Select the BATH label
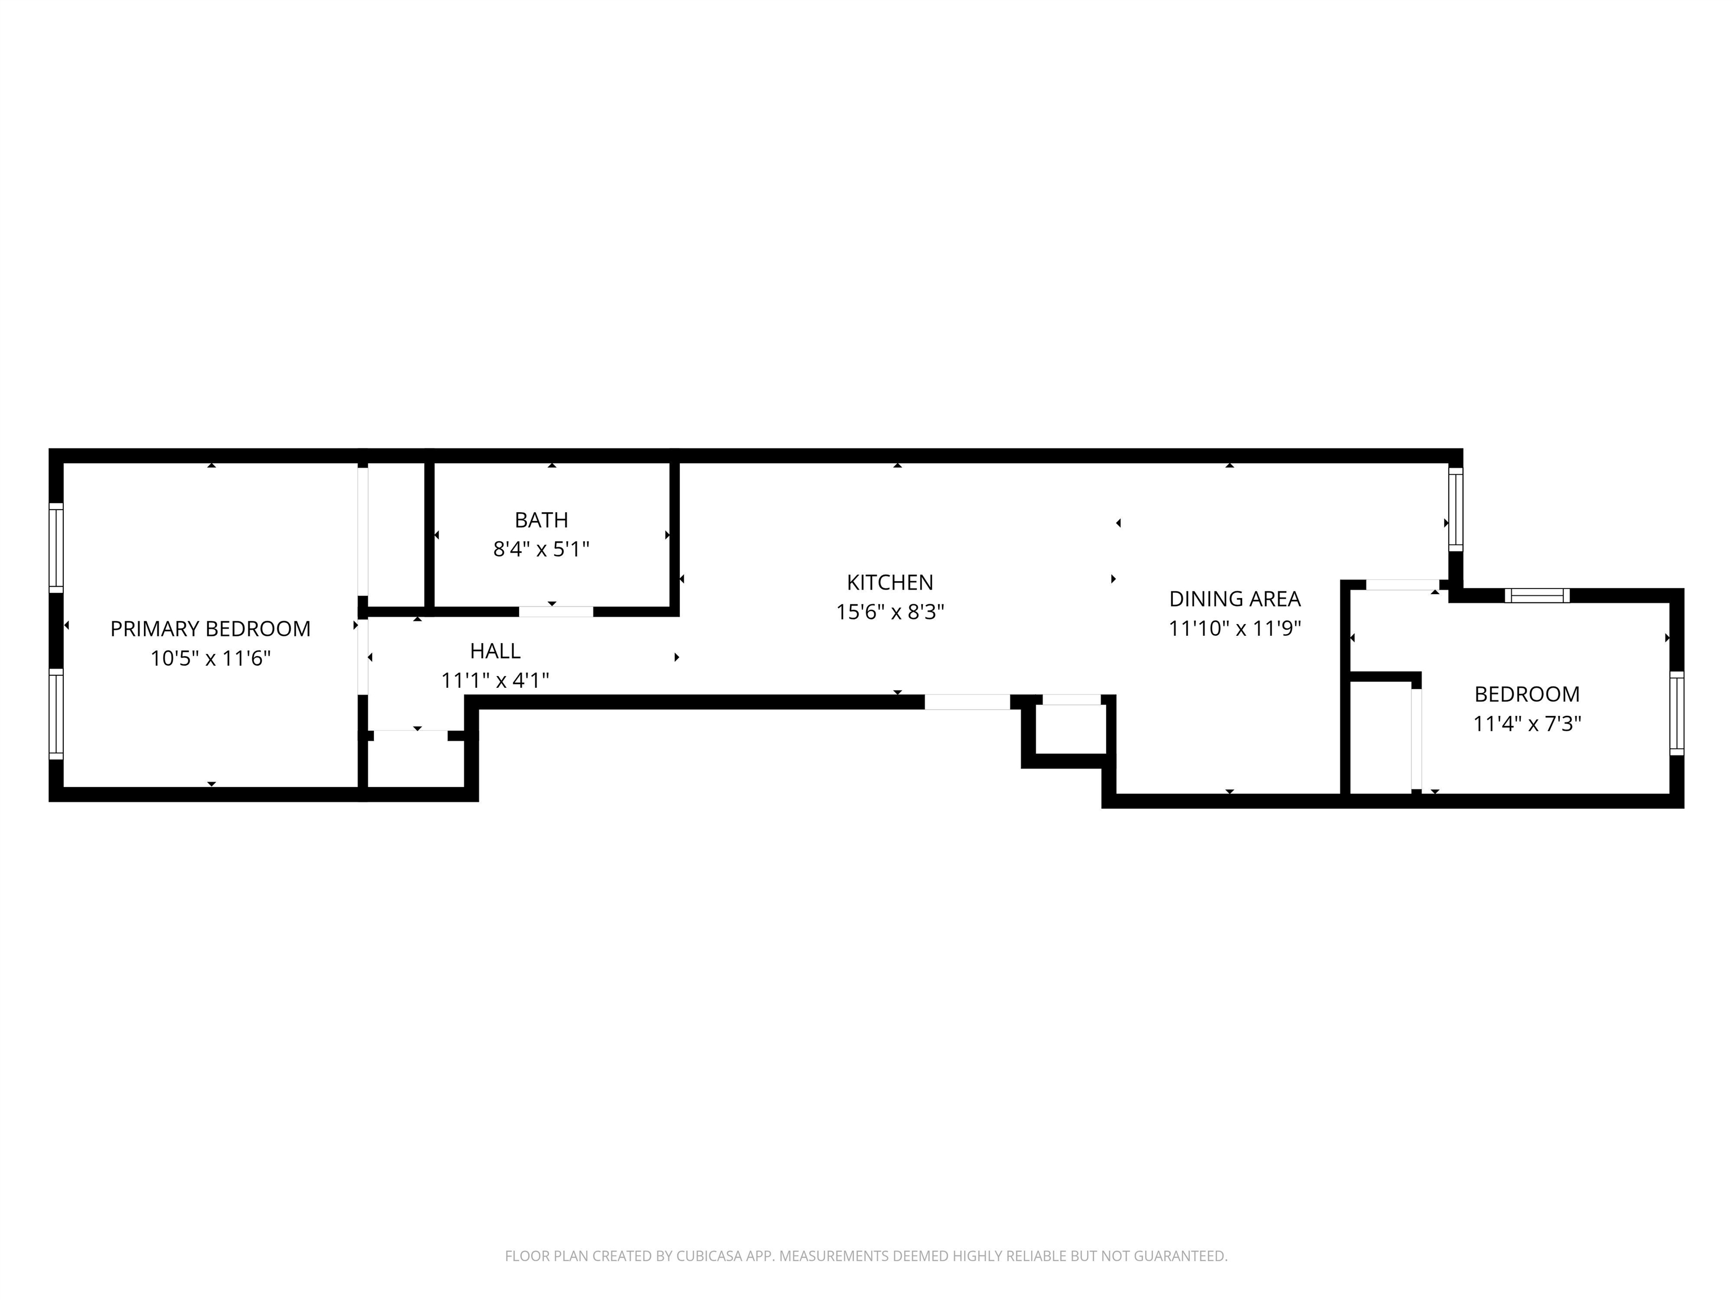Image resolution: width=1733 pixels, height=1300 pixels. (542, 520)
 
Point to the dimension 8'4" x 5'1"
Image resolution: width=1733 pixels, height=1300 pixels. (542, 550)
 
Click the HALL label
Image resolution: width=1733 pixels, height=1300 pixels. (495, 651)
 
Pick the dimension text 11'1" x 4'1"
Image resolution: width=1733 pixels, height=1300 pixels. (495, 680)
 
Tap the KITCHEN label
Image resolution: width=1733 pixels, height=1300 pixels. (890, 582)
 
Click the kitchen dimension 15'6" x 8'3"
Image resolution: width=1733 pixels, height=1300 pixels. (890, 612)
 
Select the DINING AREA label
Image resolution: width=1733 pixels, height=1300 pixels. (1235, 599)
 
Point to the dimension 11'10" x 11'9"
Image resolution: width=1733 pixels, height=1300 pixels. (1235, 629)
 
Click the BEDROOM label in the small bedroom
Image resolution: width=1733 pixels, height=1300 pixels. (1527, 693)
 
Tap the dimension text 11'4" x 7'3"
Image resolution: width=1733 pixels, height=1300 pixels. (1527, 723)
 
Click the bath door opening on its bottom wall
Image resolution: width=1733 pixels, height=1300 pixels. (556, 611)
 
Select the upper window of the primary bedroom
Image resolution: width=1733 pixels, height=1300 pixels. (56, 547)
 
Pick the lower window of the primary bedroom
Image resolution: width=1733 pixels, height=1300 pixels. (56, 714)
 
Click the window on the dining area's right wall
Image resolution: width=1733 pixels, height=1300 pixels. (1455, 508)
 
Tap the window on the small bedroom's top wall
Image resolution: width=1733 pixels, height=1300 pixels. (1537, 595)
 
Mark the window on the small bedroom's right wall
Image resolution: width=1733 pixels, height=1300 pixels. (1677, 713)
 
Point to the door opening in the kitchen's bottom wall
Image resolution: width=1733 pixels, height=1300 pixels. (967, 702)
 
